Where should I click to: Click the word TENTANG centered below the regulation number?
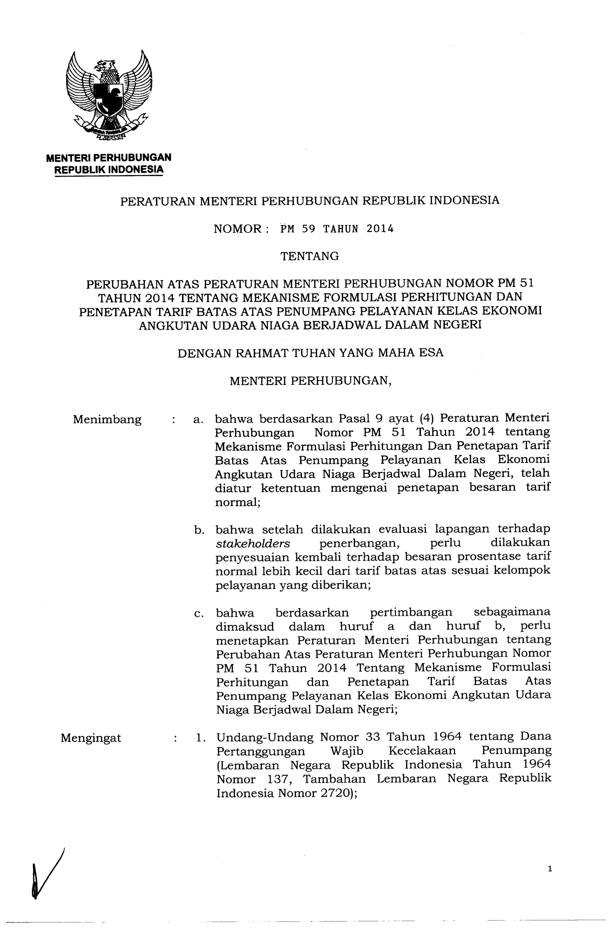pos(309,257)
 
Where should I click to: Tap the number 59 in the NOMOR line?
pos(308,229)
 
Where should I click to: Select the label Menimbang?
pos(107,419)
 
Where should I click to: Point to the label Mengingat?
pos(91,738)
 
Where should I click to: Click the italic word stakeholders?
pos(253,543)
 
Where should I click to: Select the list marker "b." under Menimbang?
pos(199,530)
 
